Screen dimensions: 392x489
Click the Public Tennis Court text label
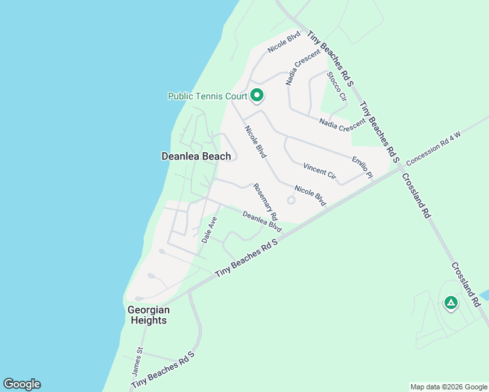pyautogui.click(x=207, y=96)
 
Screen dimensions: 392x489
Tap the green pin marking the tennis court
pyautogui.click(x=257, y=95)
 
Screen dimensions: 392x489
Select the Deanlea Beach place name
pyautogui.click(x=196, y=156)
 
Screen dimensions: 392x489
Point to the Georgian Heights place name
pyautogui.click(x=148, y=315)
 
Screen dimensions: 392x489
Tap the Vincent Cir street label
pyautogui.click(x=319, y=172)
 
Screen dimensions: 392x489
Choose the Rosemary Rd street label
pyautogui.click(x=265, y=201)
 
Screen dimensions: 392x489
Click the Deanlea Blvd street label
pyautogui.click(x=261, y=221)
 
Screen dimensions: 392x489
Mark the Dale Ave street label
pyautogui.click(x=209, y=230)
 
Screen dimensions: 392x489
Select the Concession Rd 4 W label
pyautogui.click(x=433, y=148)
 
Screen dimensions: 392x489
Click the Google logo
pyautogui.click(x=22, y=384)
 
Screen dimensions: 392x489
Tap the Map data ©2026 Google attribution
pyautogui.click(x=448, y=387)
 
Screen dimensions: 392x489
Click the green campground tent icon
pyautogui.click(x=450, y=302)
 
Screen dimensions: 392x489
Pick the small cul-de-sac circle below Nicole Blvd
pyautogui.click(x=291, y=201)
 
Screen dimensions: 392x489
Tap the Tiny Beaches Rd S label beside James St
pyautogui.click(x=163, y=372)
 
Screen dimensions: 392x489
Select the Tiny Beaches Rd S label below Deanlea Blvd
pyautogui.click(x=246, y=259)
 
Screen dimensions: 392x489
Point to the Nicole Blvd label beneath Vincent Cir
pyautogui.click(x=310, y=195)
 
